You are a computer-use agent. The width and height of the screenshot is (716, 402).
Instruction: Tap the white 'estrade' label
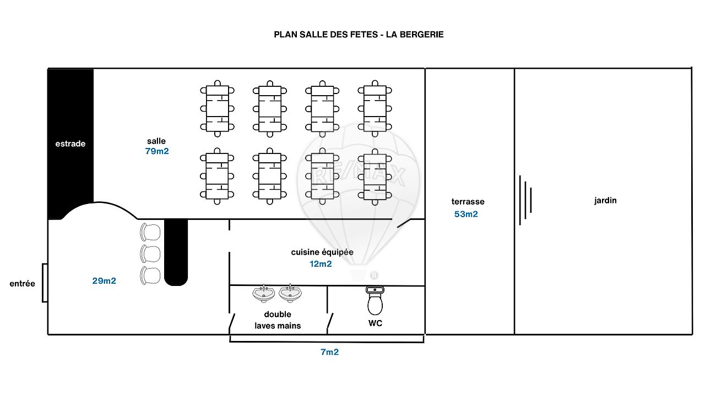[x=70, y=144]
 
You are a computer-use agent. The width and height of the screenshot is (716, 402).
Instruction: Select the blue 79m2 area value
[x=157, y=151]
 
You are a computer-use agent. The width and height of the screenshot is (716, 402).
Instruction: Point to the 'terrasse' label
[x=468, y=202]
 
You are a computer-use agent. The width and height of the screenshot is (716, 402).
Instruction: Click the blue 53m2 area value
[x=466, y=214]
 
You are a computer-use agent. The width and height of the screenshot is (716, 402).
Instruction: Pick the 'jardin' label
[x=605, y=200]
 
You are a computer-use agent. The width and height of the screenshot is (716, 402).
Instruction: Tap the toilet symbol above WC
[x=375, y=301]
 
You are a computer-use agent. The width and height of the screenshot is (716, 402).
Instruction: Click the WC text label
[x=375, y=323]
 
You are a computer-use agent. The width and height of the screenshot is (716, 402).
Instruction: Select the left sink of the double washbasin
[x=264, y=294]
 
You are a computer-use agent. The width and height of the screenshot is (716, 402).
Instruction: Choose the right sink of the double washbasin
[x=290, y=294]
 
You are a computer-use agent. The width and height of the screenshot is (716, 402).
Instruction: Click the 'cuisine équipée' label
[x=322, y=252]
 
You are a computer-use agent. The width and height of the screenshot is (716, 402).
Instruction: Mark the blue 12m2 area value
[x=321, y=264]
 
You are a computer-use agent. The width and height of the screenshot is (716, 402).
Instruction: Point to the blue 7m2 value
[x=329, y=352]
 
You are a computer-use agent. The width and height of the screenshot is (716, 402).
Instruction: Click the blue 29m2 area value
[x=104, y=281]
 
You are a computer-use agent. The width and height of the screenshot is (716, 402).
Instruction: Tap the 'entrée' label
[x=23, y=284]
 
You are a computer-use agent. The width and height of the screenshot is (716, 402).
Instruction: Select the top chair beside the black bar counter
[x=150, y=232]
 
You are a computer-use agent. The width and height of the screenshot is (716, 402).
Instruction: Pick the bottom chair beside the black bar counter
[x=150, y=276]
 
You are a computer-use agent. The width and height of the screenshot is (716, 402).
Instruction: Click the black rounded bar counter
[x=176, y=252]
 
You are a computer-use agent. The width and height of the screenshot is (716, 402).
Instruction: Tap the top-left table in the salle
[x=218, y=108]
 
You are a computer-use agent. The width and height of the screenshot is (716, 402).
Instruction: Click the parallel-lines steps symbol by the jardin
[x=525, y=200]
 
